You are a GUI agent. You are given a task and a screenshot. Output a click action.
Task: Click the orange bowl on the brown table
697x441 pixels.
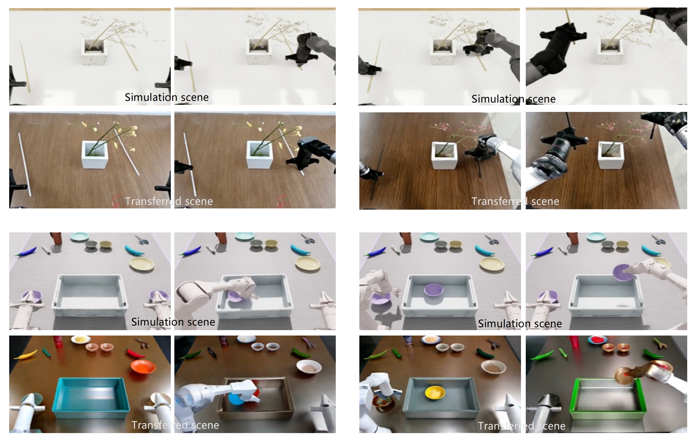click(x=143, y=367)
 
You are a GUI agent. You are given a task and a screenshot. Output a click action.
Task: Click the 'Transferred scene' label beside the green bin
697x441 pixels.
click(x=521, y=426)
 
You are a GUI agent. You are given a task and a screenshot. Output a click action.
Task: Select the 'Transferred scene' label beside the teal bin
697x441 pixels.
click(x=175, y=425)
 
